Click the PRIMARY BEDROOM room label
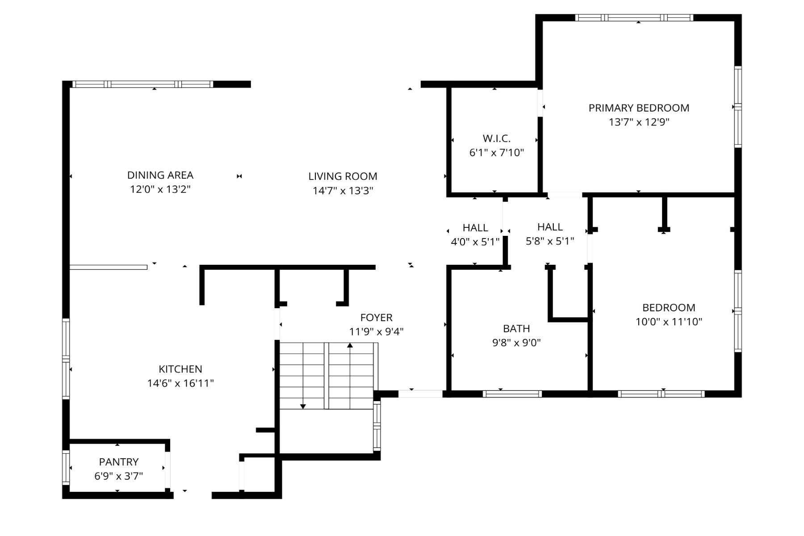point(639,108)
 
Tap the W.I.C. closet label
point(496,138)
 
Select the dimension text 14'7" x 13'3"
point(343,191)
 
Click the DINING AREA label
point(160,175)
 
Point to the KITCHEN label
point(180,369)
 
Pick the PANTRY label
point(119,462)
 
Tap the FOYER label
point(377,318)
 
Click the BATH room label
point(516,329)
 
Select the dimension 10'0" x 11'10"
point(669,322)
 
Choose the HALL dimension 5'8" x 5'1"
point(550,241)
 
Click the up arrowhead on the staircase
point(350,345)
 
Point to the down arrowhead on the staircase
point(303,406)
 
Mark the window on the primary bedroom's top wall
point(634,18)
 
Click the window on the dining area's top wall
point(142,84)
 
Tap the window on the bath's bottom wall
point(512,394)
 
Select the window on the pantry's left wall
point(66,468)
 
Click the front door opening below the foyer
point(420,394)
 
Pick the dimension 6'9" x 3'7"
point(119,476)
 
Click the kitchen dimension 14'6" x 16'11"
point(180,383)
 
